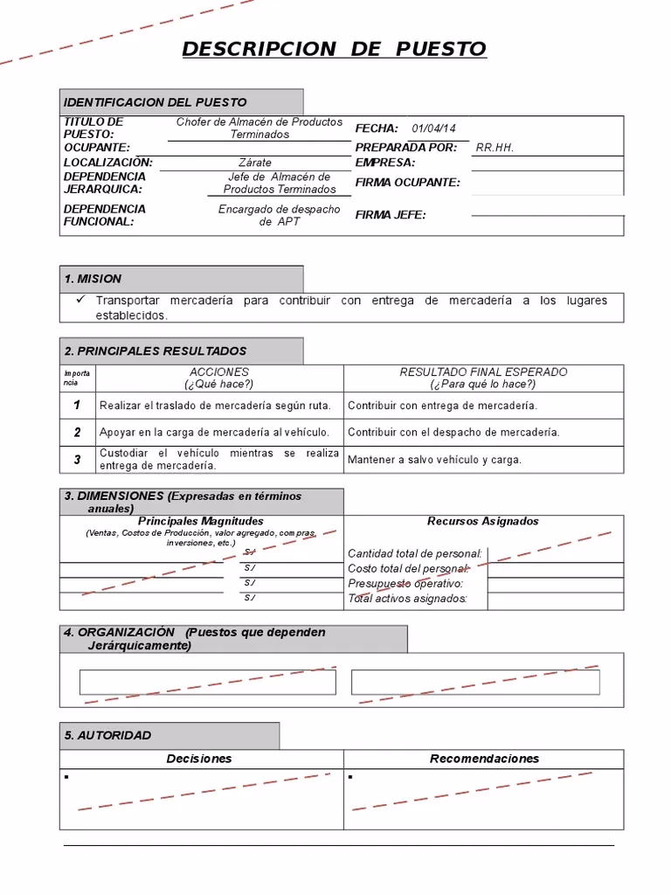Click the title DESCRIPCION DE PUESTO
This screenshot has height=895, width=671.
coord(334,49)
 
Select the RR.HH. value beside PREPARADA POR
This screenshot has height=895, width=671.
coord(495,148)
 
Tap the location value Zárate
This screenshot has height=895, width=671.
coord(255,163)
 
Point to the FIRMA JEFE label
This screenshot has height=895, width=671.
coord(391,215)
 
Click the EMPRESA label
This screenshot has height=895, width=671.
coord(385,163)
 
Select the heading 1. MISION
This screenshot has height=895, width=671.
coord(93,279)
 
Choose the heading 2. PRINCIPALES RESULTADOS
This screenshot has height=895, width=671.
coord(156,351)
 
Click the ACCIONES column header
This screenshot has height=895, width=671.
coord(219,372)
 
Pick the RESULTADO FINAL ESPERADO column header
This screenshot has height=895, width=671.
coord(483,372)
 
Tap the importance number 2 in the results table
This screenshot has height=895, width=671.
coord(78,432)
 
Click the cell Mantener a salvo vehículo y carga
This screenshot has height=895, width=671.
coord(434,460)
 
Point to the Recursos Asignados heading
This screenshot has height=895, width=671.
coord(483,521)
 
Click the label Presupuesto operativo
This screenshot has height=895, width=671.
coord(405,584)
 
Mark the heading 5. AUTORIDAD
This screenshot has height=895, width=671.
coord(107,736)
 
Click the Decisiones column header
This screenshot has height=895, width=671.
coord(199,759)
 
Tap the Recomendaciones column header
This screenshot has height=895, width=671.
coord(484,759)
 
